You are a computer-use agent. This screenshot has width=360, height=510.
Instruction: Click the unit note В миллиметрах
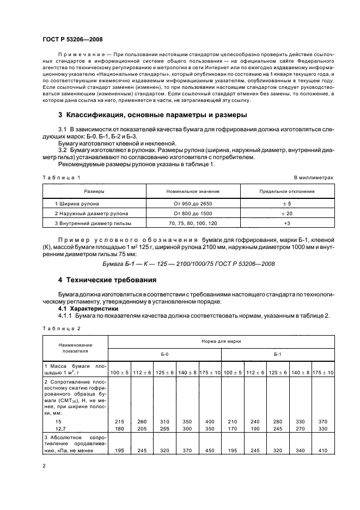tap(313, 178)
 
